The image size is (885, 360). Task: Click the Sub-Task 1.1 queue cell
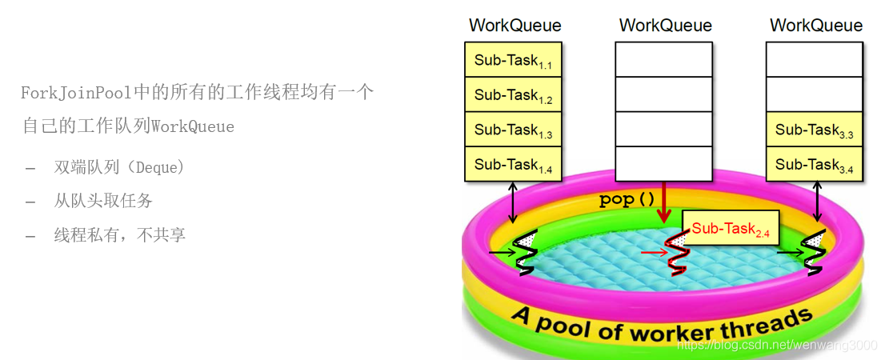click(513, 60)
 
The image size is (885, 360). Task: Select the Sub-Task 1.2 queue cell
click(513, 95)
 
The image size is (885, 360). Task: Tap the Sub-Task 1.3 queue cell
click(513, 130)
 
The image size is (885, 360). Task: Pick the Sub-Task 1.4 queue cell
click(513, 164)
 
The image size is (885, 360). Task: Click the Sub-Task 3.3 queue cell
click(814, 130)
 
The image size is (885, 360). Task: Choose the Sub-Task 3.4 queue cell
click(814, 164)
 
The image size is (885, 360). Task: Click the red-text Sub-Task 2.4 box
click(730, 229)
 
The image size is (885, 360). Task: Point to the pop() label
click(627, 200)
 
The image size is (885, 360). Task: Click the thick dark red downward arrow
click(663, 203)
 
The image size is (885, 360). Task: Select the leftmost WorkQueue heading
click(515, 26)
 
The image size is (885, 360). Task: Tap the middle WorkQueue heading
click(665, 26)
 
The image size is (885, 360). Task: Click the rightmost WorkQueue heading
click(816, 26)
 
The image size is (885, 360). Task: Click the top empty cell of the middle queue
click(663, 60)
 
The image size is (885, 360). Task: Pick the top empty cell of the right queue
click(814, 60)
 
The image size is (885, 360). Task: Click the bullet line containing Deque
click(119, 167)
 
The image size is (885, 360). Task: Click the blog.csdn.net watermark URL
click(776, 345)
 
